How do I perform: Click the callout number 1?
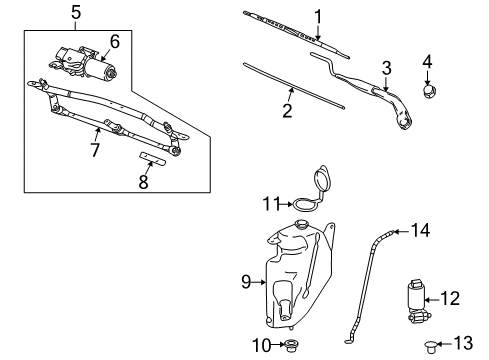[318, 15]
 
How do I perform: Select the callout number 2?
[287, 111]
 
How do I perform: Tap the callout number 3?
[385, 67]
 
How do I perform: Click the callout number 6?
[115, 41]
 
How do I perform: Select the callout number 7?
[96, 149]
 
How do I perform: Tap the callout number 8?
[143, 182]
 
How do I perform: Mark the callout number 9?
[244, 282]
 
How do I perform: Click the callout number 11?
[268, 203]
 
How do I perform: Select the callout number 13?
[460, 343]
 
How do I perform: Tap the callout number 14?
[420, 230]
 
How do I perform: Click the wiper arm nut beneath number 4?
[429, 93]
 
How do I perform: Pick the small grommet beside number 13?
[431, 346]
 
